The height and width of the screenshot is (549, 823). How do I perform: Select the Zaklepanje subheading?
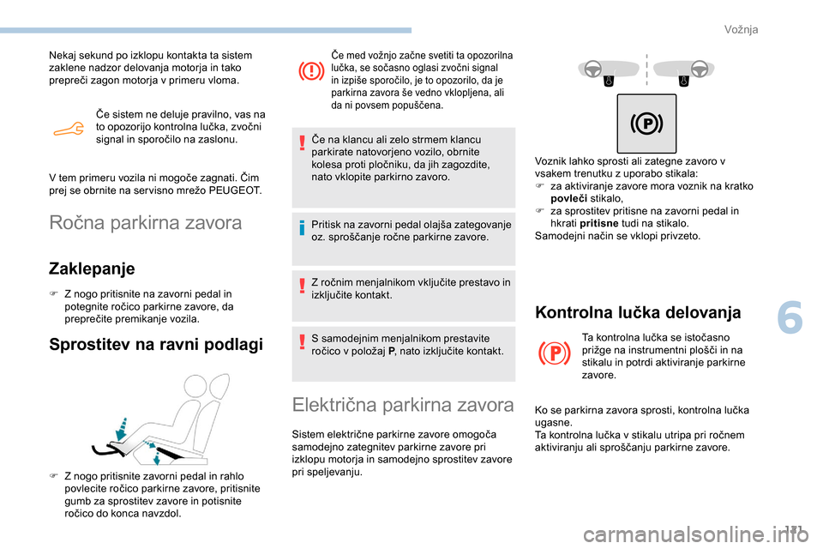(93, 268)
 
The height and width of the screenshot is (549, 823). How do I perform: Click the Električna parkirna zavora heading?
(403, 404)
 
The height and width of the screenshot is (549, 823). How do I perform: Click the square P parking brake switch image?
(646, 124)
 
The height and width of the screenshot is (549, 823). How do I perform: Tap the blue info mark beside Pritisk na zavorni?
(306, 228)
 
